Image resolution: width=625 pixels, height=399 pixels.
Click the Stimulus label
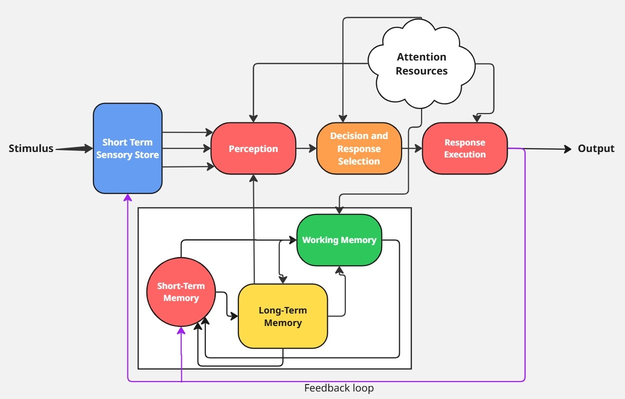30,148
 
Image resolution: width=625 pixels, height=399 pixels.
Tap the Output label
596,148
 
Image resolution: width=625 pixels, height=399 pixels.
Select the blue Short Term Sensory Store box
127,148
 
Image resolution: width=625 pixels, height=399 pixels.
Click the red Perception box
253,148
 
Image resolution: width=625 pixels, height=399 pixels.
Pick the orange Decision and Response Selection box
359,148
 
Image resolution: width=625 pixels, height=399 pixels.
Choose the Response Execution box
465,148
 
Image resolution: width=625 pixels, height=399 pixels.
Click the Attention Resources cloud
421,63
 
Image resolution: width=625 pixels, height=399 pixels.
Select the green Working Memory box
339,240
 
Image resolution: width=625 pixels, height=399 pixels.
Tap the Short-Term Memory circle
181,292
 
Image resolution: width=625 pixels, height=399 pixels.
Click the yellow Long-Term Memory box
283,316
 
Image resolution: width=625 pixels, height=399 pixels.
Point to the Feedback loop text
339,388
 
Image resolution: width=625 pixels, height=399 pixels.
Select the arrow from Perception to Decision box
306,148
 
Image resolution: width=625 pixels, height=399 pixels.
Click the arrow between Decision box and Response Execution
412,148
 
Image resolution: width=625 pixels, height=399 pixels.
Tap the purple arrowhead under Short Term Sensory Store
127,197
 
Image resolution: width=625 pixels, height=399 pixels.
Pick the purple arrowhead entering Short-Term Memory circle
181,331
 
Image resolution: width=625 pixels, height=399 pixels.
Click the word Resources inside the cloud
421,71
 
